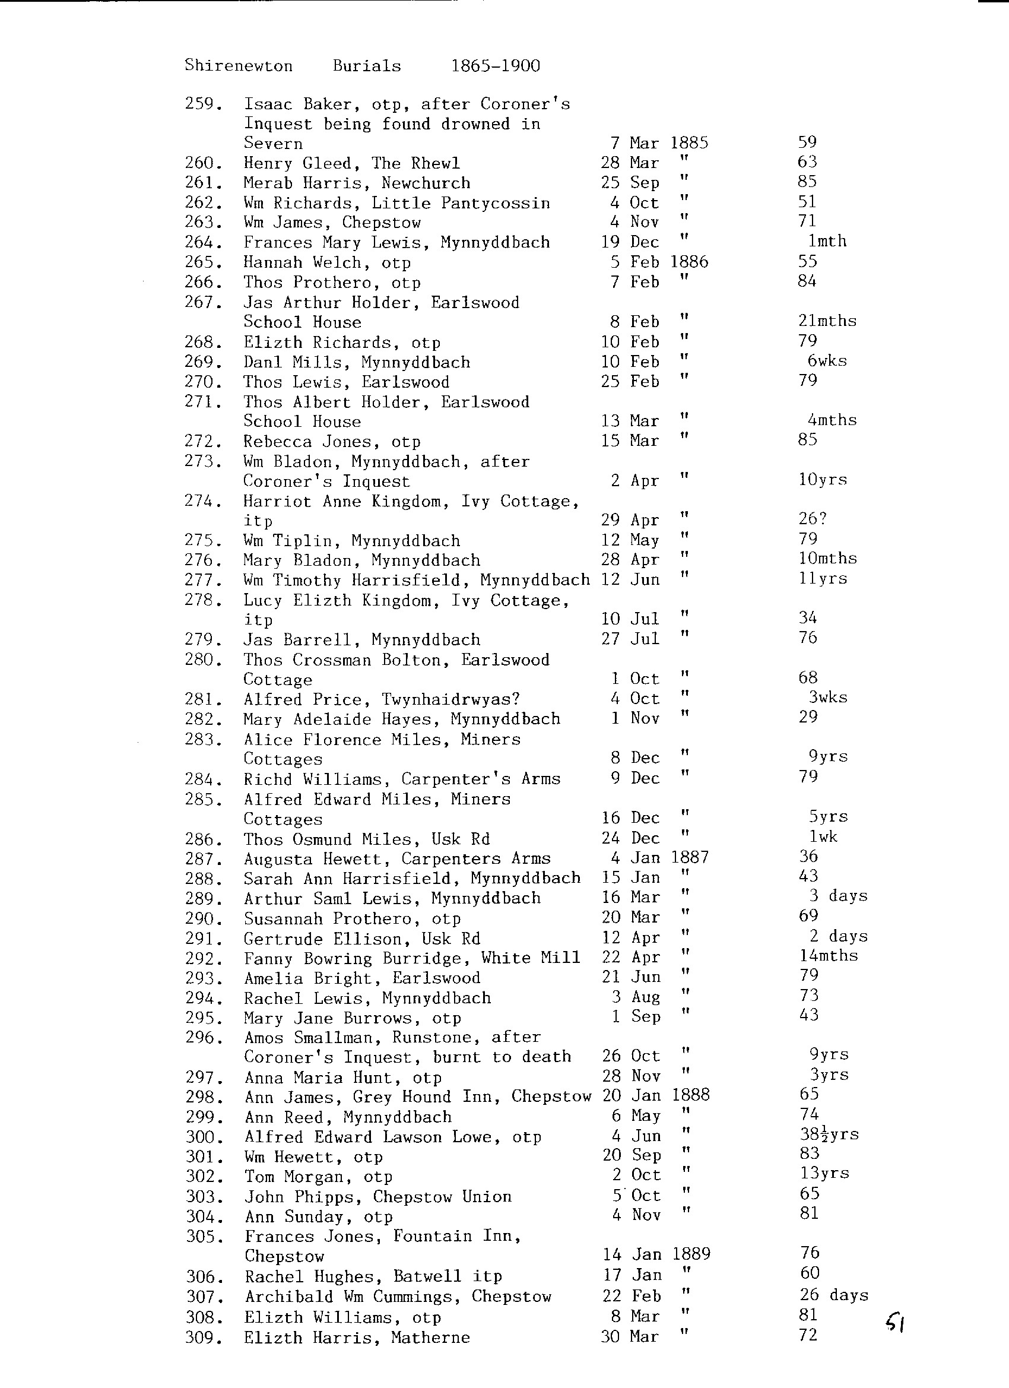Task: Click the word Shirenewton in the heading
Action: click(x=239, y=65)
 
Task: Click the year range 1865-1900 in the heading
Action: click(x=496, y=65)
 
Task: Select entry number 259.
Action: click(x=202, y=103)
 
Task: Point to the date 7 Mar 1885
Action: click(x=659, y=143)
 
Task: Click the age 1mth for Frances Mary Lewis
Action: click(x=827, y=241)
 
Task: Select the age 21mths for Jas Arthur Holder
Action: click(x=827, y=321)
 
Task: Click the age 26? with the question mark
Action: click(x=813, y=519)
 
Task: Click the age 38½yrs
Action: click(x=829, y=1134)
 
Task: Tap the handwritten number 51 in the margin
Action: click(x=895, y=1324)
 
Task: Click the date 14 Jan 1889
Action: click(x=656, y=1254)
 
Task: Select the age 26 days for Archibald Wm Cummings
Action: click(x=833, y=1294)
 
